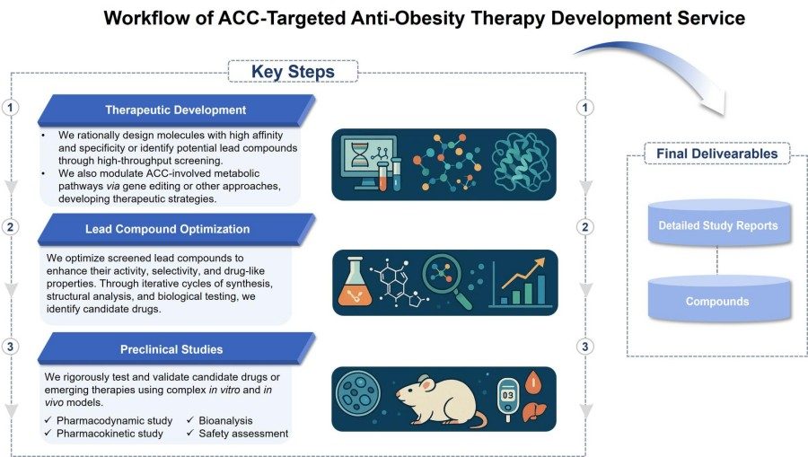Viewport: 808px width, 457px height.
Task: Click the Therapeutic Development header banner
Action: coord(175,110)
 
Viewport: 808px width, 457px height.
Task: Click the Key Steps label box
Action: coord(293,72)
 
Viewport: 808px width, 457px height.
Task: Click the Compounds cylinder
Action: coord(717,300)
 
